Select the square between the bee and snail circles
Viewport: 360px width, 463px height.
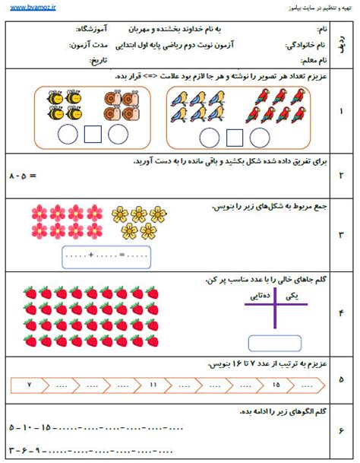point(93,135)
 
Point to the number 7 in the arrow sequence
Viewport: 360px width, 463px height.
point(29,385)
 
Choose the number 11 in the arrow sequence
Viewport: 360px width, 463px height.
point(153,385)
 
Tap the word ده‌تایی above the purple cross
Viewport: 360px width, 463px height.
point(260,293)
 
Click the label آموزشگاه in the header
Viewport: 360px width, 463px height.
point(93,29)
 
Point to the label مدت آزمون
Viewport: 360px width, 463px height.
point(89,45)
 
